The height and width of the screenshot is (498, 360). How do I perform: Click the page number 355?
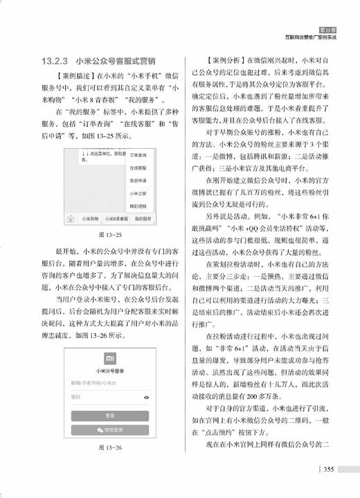329,470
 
